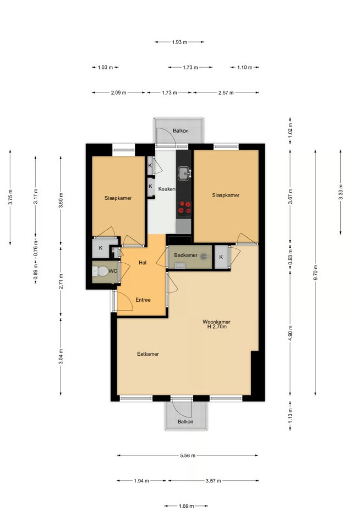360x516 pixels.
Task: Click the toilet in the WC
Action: point(100,271)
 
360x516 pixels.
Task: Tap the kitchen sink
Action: point(184,173)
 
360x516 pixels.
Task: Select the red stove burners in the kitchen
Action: point(184,208)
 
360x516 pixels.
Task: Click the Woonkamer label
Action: point(216,322)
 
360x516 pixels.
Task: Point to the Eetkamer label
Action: point(148,354)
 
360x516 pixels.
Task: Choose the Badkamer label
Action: point(186,255)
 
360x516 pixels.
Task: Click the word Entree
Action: point(143,300)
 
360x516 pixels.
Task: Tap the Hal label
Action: point(143,263)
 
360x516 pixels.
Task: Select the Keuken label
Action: point(166,189)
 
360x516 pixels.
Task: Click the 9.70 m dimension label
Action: point(315,273)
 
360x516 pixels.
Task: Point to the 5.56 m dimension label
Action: point(188,455)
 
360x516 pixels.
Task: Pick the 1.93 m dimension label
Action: point(179,42)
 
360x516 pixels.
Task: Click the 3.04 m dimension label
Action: point(61,356)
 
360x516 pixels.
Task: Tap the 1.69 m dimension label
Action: point(186,506)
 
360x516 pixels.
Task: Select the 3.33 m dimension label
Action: point(341,192)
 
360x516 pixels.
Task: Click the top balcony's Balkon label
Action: point(181,131)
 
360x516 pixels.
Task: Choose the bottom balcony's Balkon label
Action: point(186,421)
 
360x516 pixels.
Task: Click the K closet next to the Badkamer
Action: point(221,257)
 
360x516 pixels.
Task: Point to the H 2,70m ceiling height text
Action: point(217,327)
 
